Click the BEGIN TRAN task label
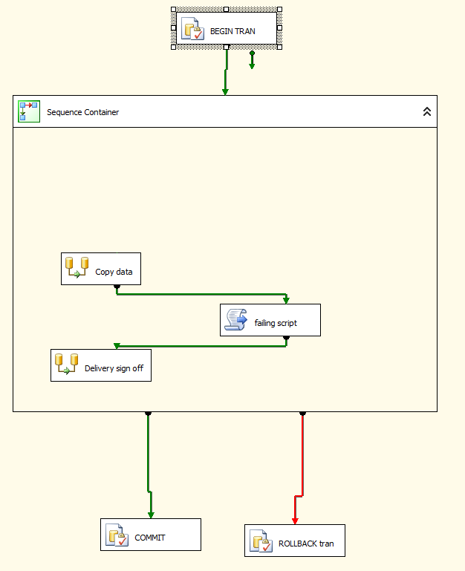tap(232, 31)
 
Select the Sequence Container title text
tap(82, 112)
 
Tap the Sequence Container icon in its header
tap(28, 111)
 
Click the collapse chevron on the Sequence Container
tap(427, 111)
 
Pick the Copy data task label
tap(114, 272)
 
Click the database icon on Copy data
tap(77, 267)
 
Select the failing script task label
tap(276, 323)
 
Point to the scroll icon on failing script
tap(237, 320)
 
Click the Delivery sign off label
tap(114, 368)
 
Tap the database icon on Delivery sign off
tap(67, 364)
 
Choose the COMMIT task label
tap(150, 538)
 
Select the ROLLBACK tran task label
tap(306, 544)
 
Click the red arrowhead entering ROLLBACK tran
tap(295, 521)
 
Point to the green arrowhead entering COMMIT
tap(151, 515)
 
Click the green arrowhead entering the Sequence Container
tap(225, 91)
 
